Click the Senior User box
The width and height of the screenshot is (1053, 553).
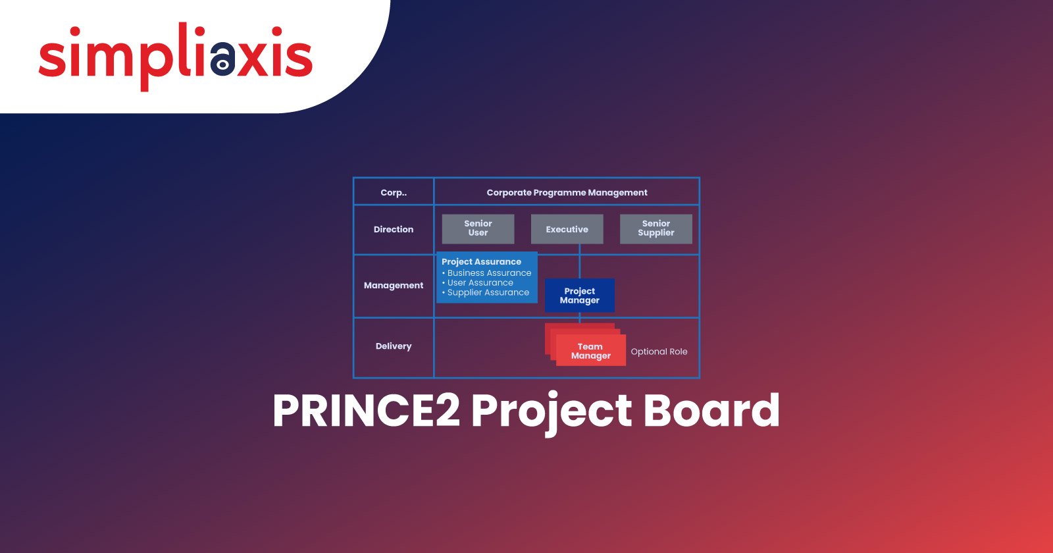click(478, 229)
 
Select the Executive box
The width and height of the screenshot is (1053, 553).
click(567, 229)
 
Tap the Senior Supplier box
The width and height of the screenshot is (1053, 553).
click(655, 229)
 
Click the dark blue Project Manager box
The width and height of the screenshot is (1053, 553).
click(580, 296)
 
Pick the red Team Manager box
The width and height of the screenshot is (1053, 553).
click(591, 350)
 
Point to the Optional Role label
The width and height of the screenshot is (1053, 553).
click(659, 352)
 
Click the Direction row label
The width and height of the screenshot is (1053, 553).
click(394, 230)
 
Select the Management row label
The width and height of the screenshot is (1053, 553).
click(394, 286)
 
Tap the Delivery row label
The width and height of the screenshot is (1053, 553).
click(394, 346)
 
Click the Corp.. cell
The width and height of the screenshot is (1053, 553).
click(394, 192)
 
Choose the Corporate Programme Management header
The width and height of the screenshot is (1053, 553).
click(567, 192)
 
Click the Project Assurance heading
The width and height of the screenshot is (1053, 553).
click(481, 262)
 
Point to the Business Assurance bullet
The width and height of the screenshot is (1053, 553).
click(486, 273)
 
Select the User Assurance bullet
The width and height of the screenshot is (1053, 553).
click(478, 282)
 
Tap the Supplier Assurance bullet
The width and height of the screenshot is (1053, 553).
click(486, 292)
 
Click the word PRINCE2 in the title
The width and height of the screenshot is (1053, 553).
click(367, 411)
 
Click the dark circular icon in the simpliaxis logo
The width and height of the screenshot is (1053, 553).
click(222, 59)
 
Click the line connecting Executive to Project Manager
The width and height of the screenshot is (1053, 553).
click(580, 261)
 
